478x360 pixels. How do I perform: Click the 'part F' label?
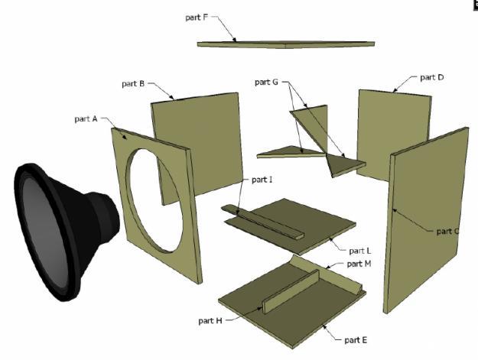(197, 18)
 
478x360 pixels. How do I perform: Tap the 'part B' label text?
(133, 83)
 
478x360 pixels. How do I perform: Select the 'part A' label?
(86, 118)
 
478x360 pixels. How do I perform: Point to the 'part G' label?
(266, 83)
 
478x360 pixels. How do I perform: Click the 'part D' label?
(431, 77)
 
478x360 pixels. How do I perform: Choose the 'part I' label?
(262, 180)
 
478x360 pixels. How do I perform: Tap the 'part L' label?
(359, 251)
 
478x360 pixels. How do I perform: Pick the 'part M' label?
(359, 264)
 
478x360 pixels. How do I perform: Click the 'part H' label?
(210, 321)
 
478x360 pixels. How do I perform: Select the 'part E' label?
(356, 340)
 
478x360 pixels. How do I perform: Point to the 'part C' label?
(447, 232)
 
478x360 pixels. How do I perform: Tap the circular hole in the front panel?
(154, 199)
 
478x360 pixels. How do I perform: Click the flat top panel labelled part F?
(286, 44)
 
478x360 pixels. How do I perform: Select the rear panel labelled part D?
(393, 134)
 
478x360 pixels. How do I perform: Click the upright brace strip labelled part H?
(291, 291)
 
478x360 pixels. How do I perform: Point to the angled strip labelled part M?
(326, 274)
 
